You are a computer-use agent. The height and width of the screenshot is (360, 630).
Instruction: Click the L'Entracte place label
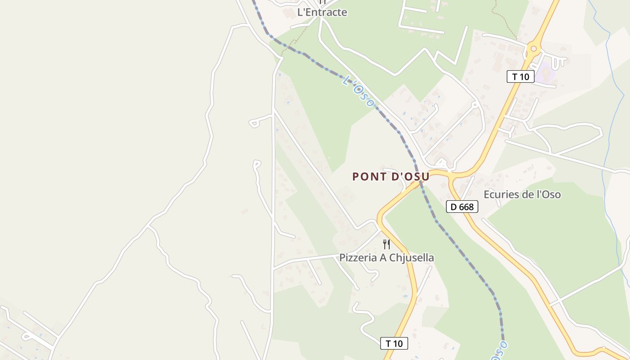322,12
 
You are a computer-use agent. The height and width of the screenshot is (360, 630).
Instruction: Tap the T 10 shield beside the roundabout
521,76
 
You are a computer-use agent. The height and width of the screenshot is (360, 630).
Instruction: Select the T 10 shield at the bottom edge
394,343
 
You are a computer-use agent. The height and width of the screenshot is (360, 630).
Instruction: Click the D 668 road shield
462,207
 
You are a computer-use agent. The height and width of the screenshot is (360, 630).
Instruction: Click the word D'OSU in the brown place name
411,176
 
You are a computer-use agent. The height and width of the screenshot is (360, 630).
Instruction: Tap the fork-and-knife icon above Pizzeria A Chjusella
386,244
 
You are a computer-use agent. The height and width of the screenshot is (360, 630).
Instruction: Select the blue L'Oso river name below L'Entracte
358,92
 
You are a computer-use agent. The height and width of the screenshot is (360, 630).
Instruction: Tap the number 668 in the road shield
466,207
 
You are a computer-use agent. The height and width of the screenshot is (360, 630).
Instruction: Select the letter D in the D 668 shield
454,207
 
